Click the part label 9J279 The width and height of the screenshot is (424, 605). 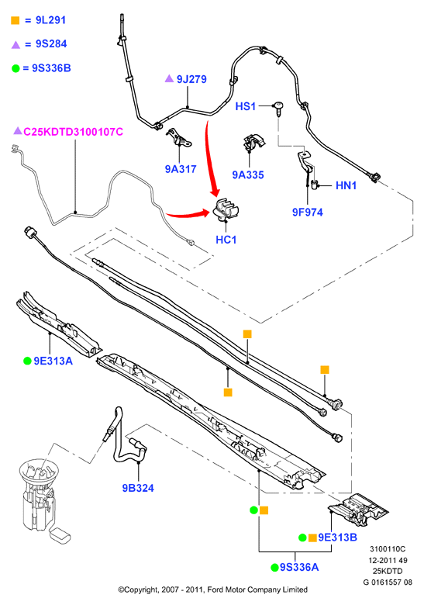pyautogui.click(x=191, y=79)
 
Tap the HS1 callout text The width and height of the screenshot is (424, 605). pyautogui.click(x=246, y=106)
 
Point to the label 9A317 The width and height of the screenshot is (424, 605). pyautogui.click(x=181, y=169)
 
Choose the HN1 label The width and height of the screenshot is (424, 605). pyautogui.click(x=346, y=185)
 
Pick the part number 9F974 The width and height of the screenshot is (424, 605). pyautogui.click(x=307, y=212)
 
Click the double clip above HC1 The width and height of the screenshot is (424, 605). pyautogui.click(x=226, y=210)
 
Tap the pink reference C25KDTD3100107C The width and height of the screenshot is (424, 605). pyautogui.click(x=73, y=132)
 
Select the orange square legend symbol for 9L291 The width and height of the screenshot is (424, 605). pyautogui.click(x=16, y=20)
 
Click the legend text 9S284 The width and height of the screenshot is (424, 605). pyautogui.click(x=51, y=44)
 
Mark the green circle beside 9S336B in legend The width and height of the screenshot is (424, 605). pyautogui.click(x=16, y=69)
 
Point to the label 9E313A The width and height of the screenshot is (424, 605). pyautogui.click(x=53, y=361)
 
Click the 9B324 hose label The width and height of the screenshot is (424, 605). pyautogui.click(x=138, y=488)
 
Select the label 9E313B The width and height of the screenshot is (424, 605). pyautogui.click(x=337, y=537)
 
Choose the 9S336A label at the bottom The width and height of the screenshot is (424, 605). pyautogui.click(x=299, y=567)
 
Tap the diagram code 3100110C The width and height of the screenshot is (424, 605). pyautogui.click(x=388, y=549)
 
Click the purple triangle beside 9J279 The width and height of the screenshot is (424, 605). pyautogui.click(x=169, y=78)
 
